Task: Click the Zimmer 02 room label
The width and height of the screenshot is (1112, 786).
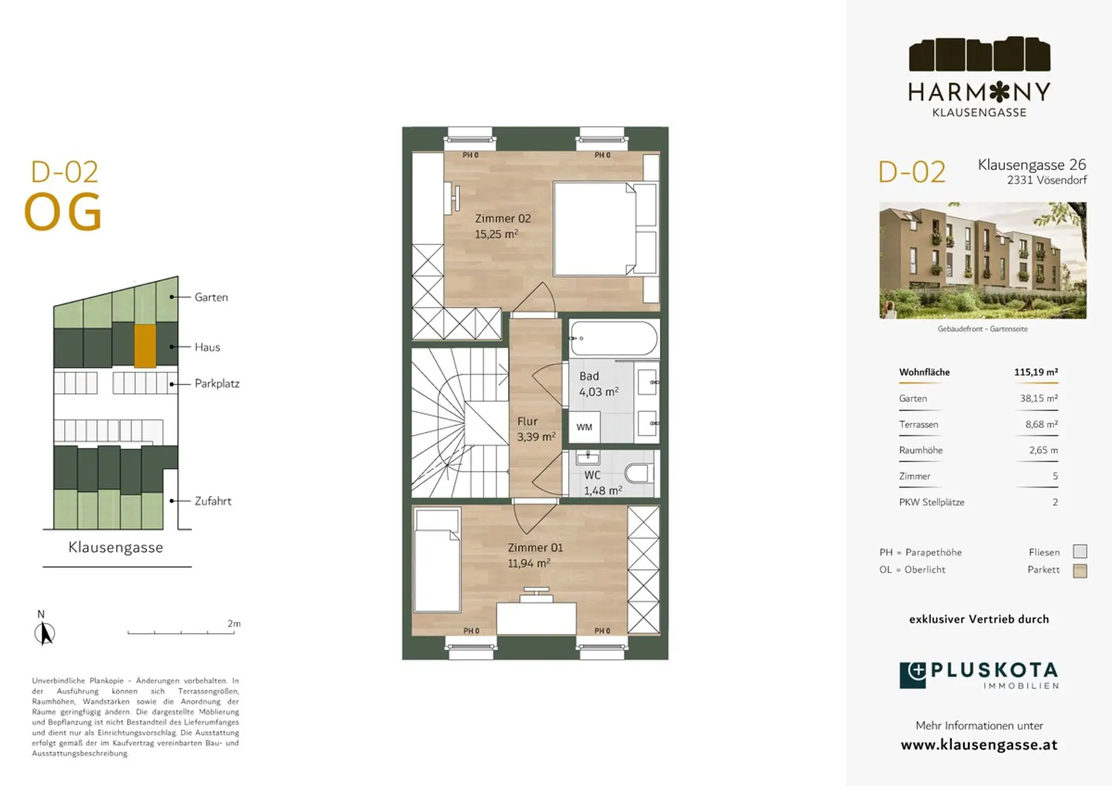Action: point(503,218)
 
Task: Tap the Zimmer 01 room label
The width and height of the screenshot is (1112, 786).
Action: point(535,547)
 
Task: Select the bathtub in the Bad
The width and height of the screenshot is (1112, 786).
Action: point(614,338)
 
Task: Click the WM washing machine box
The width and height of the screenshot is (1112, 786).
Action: point(584,427)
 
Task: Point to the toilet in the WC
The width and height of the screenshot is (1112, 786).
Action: point(639,473)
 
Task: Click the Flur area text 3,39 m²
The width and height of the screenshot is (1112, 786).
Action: point(536,437)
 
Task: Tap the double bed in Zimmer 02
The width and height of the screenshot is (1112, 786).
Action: point(605,229)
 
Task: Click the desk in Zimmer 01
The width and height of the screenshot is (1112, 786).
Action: point(536,618)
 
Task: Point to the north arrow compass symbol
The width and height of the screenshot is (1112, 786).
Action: point(44,633)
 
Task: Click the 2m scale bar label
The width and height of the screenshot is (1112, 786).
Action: point(234,623)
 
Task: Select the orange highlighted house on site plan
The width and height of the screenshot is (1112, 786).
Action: point(145,346)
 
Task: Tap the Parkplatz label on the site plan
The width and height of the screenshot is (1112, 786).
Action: point(217,383)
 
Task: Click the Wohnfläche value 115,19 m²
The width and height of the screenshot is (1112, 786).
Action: point(1036,372)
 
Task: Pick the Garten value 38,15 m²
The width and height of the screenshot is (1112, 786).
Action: point(1039,398)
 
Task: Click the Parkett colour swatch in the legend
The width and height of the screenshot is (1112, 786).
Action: point(1080,571)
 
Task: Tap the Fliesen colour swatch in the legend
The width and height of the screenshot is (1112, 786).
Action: point(1080,551)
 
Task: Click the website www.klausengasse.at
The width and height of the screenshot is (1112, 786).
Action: point(979,745)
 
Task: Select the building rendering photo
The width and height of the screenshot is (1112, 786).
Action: point(983,260)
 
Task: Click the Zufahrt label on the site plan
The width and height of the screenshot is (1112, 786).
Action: point(213,501)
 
